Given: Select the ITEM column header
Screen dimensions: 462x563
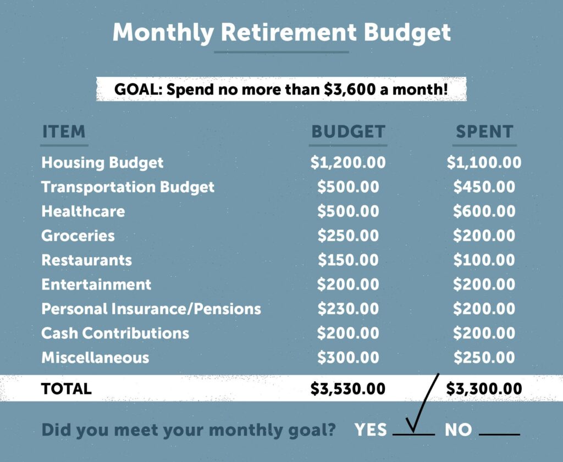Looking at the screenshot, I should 64,132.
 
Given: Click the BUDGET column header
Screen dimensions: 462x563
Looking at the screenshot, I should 348,132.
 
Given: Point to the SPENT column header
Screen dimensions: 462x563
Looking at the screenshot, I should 484,132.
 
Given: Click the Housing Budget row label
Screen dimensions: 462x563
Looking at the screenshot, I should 102,163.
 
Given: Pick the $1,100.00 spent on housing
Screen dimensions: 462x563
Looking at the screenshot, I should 484,163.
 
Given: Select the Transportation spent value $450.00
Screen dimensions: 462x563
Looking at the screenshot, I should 484,187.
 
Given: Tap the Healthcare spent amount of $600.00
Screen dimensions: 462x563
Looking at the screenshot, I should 484,211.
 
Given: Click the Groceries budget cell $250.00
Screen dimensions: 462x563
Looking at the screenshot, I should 348,236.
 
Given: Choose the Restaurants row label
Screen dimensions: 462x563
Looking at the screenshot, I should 87,260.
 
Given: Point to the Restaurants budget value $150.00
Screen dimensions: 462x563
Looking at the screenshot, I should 348,260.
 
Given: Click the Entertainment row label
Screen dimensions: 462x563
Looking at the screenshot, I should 96,285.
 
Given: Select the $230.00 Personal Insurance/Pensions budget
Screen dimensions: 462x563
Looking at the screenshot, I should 348,309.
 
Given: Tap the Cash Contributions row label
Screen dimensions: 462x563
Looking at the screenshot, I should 115,333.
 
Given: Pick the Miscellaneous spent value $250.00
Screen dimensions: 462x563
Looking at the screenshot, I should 484,358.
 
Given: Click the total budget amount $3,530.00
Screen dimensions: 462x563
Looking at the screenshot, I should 348,389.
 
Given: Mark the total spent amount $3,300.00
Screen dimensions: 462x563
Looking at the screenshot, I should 484,389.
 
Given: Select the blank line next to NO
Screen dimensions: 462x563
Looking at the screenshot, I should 499,434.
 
